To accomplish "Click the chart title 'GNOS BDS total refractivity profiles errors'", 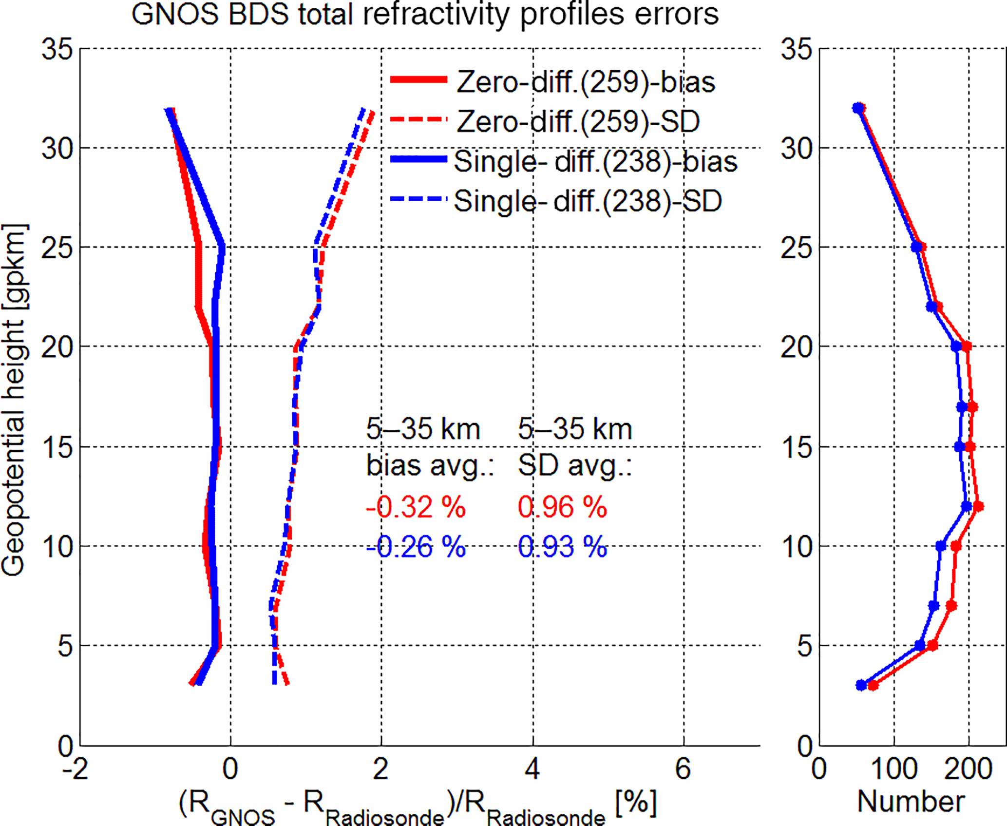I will click(x=425, y=14).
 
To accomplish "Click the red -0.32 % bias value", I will click(x=416, y=507).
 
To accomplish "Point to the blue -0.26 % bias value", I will click(x=416, y=547).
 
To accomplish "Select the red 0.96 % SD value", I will click(x=562, y=507).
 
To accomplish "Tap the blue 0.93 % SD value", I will click(x=562, y=547).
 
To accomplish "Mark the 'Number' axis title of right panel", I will click(x=911, y=802).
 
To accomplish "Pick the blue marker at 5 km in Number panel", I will click(x=920, y=645).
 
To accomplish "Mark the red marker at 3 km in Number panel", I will click(x=873, y=686).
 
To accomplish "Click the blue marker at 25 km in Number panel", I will click(x=916, y=247).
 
